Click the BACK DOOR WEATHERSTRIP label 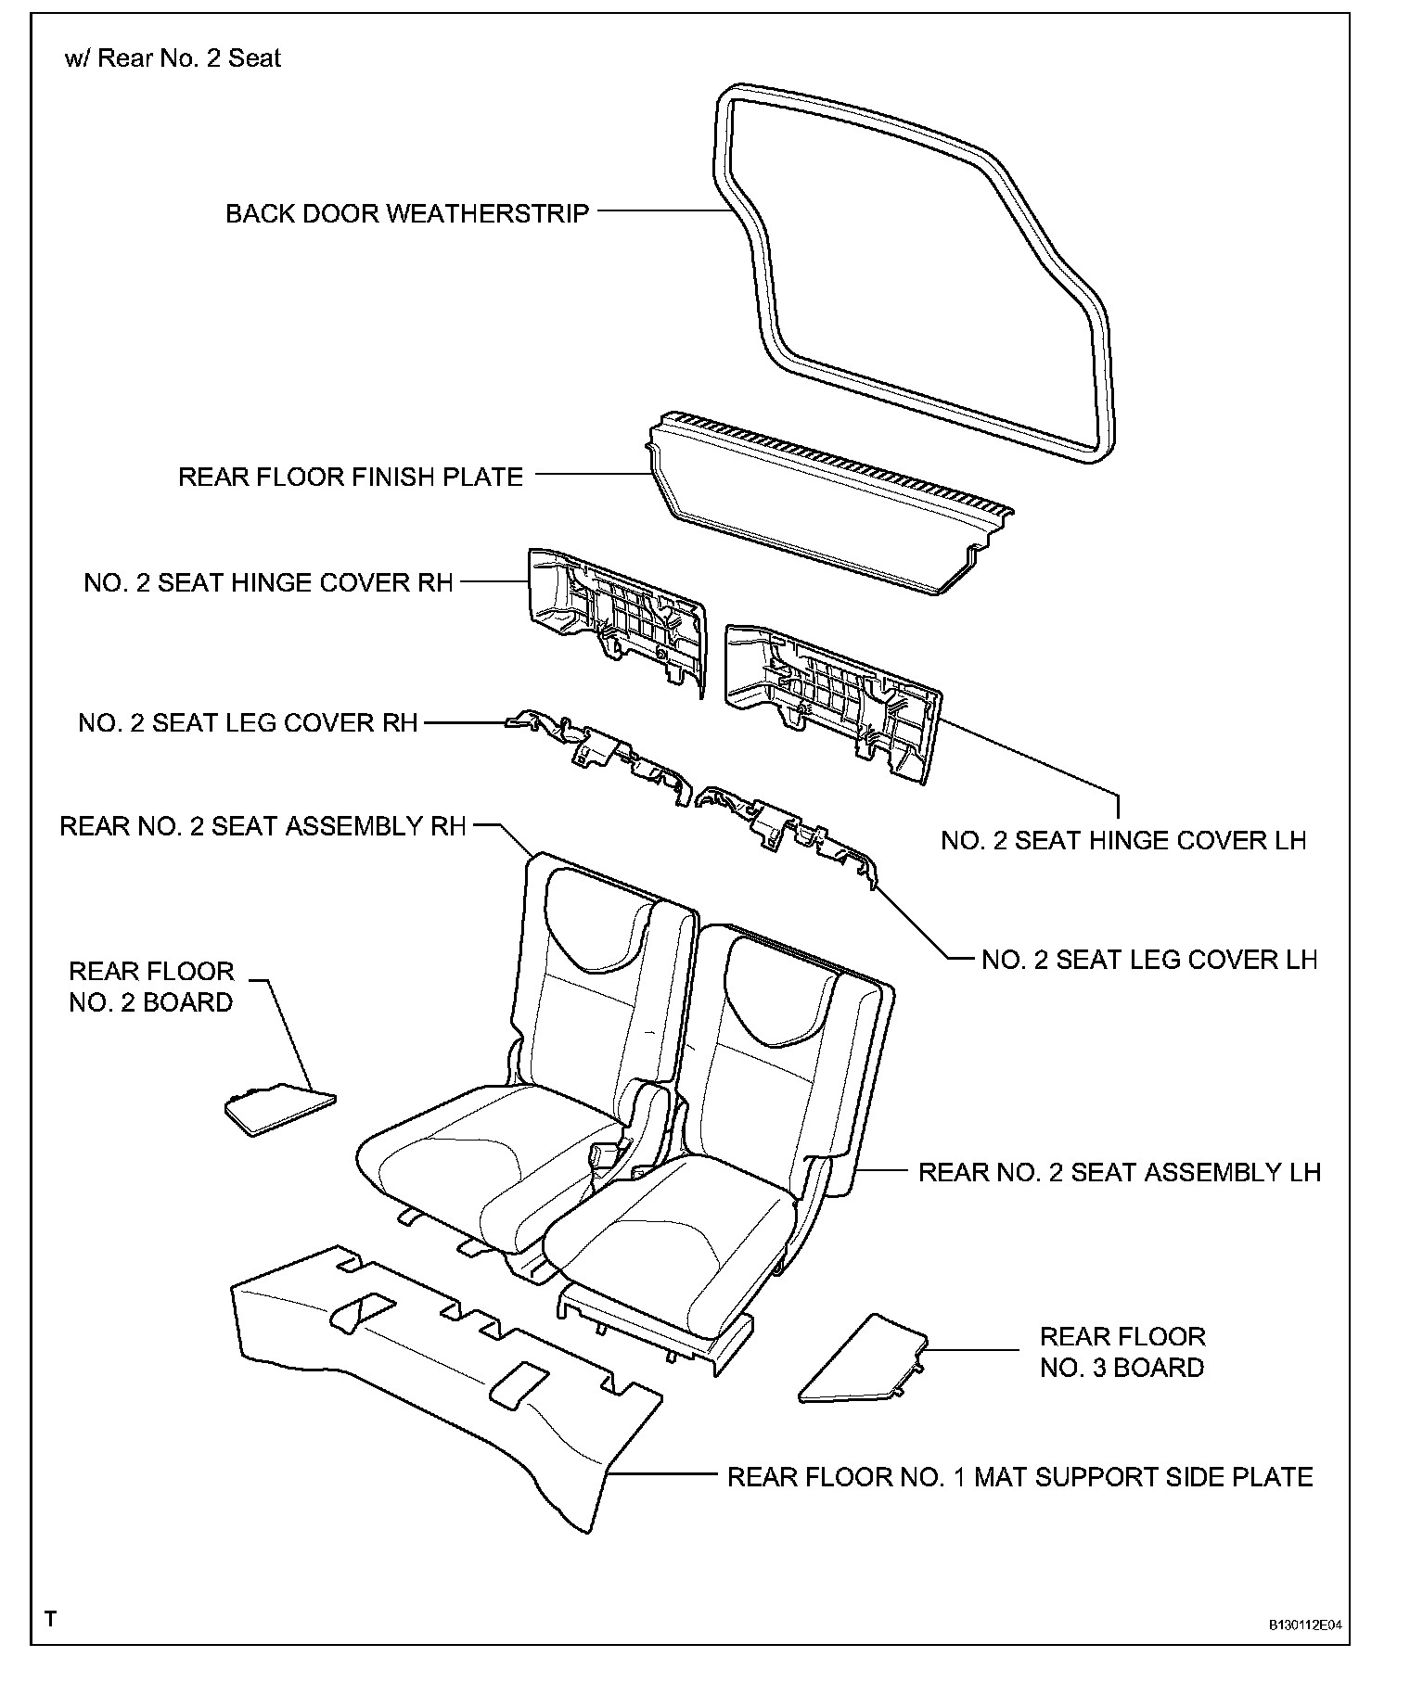pos(407,214)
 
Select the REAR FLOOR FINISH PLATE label pos(351,478)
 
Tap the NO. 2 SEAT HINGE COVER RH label pos(268,583)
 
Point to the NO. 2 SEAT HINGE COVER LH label pos(1123,841)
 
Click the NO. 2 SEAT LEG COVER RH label pos(249,723)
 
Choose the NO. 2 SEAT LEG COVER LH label pos(1149,960)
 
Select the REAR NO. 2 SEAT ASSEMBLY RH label pos(263,827)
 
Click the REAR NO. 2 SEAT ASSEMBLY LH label pos(1119,1172)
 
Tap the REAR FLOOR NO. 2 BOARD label pos(151,987)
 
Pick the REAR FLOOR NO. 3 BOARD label pos(1122,1352)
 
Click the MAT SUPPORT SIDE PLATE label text pos(1019,1477)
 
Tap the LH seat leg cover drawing pos(788,825)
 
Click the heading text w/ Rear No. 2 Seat pos(173,58)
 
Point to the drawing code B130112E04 pos(1305,1625)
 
